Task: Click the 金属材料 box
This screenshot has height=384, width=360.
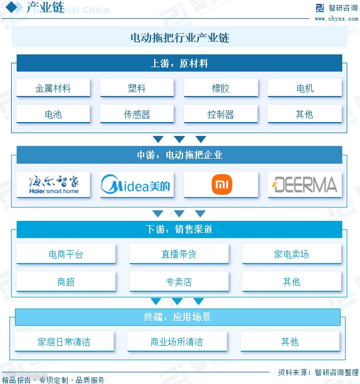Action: point(53,88)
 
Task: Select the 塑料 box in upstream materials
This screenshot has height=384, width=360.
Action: point(137,88)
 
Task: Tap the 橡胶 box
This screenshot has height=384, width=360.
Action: point(221,88)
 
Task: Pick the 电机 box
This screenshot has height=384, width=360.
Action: point(305,88)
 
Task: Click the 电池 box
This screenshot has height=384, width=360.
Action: point(53,114)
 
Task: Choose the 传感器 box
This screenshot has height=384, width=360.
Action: point(137,114)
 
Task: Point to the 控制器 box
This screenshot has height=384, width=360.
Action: point(221,114)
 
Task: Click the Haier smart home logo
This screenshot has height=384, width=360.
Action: point(53,185)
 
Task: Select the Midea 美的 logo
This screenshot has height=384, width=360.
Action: point(137,185)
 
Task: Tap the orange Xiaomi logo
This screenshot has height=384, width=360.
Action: point(221,185)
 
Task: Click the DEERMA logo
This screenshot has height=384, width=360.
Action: point(305,185)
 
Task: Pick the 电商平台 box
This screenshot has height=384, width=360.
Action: point(66,254)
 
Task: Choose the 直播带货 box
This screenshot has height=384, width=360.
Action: point(179,254)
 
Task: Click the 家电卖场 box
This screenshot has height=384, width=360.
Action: point(291,254)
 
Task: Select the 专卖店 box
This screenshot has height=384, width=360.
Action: point(179,282)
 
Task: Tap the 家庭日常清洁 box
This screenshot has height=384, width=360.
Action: point(64,342)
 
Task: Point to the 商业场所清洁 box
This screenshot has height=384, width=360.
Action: point(176,342)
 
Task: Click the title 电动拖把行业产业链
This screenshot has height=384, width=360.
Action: point(179,38)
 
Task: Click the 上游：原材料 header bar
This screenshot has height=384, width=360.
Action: point(179,63)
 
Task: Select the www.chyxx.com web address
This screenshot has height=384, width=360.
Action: point(337,19)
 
